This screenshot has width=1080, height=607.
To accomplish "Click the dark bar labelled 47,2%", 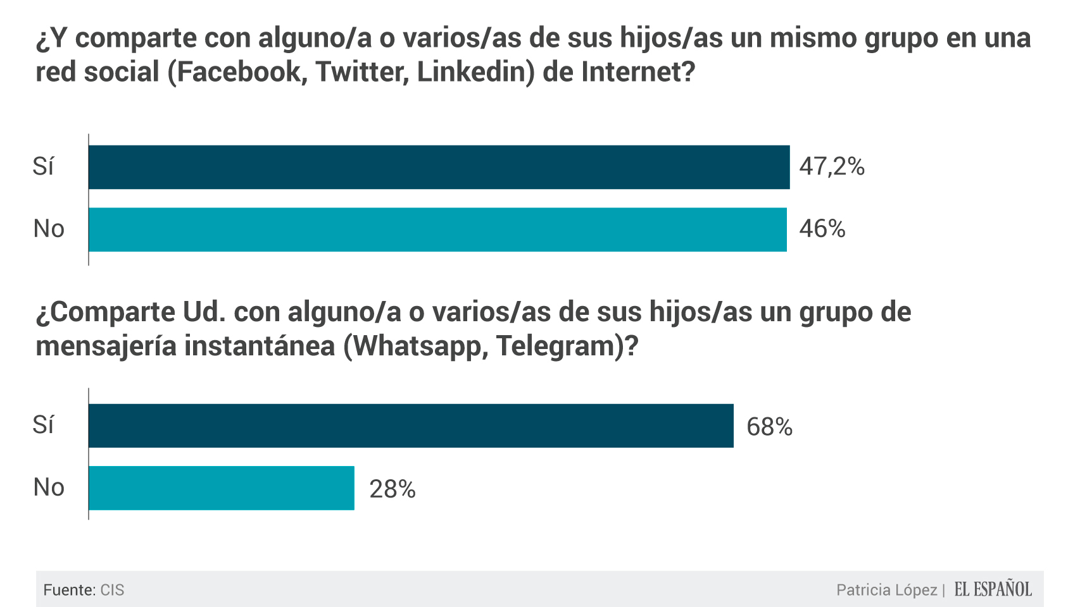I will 439,167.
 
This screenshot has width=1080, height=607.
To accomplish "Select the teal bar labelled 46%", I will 437,230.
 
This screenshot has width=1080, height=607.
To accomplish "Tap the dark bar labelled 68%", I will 411,426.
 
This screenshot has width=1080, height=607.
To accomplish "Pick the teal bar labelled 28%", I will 222,488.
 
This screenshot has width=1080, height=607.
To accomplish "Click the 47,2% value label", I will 832,166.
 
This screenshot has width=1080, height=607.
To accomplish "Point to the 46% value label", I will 822,229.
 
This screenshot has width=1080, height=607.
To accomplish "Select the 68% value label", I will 769,427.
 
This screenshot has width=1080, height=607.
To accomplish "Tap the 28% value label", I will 392,489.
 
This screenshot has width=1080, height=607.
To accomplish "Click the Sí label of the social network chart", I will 43,166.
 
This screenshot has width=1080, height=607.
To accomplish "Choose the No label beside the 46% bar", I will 49,229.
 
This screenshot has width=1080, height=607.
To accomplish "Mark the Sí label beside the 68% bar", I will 43,425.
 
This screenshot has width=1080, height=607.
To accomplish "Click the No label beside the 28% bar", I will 49,487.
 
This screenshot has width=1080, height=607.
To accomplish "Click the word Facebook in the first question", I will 242,72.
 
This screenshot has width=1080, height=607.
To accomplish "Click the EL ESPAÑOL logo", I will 993,589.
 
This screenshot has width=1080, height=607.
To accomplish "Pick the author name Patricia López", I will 886,590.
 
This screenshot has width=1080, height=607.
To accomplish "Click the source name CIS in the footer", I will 112,590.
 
